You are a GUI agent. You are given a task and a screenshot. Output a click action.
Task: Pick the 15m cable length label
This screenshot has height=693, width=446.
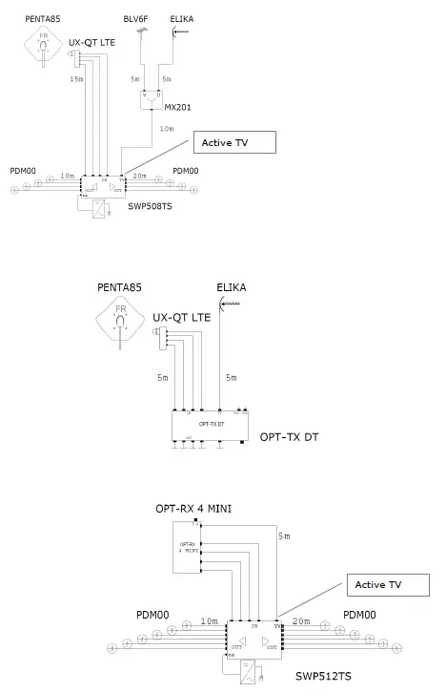pos(76,80)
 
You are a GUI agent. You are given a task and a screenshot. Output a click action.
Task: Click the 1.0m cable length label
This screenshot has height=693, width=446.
pos(167,127)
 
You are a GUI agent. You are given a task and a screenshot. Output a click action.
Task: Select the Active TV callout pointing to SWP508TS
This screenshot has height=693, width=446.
pos(233,143)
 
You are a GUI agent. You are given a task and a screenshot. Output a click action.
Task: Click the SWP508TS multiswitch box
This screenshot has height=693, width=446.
pos(102,183)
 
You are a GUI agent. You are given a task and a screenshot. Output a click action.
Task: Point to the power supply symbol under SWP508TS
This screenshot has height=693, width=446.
pos(98,208)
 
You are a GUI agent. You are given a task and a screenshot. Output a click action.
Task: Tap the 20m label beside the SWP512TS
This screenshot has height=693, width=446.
pos(302,621)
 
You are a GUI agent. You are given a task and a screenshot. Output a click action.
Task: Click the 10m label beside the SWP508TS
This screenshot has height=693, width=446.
pos(67,176)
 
